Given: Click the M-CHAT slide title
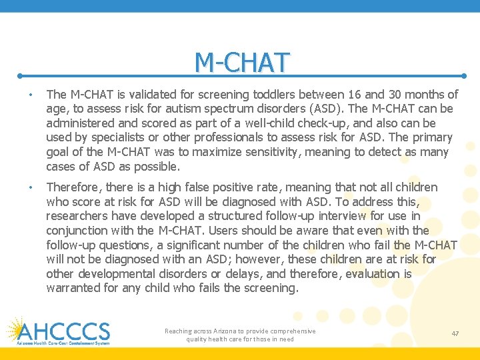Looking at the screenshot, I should (x=243, y=62).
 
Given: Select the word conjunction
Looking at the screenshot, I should (x=77, y=231).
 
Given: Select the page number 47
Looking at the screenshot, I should (x=455, y=333).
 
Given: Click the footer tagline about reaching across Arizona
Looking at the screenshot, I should (x=240, y=335).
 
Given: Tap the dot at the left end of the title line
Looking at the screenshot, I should (x=20, y=75).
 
